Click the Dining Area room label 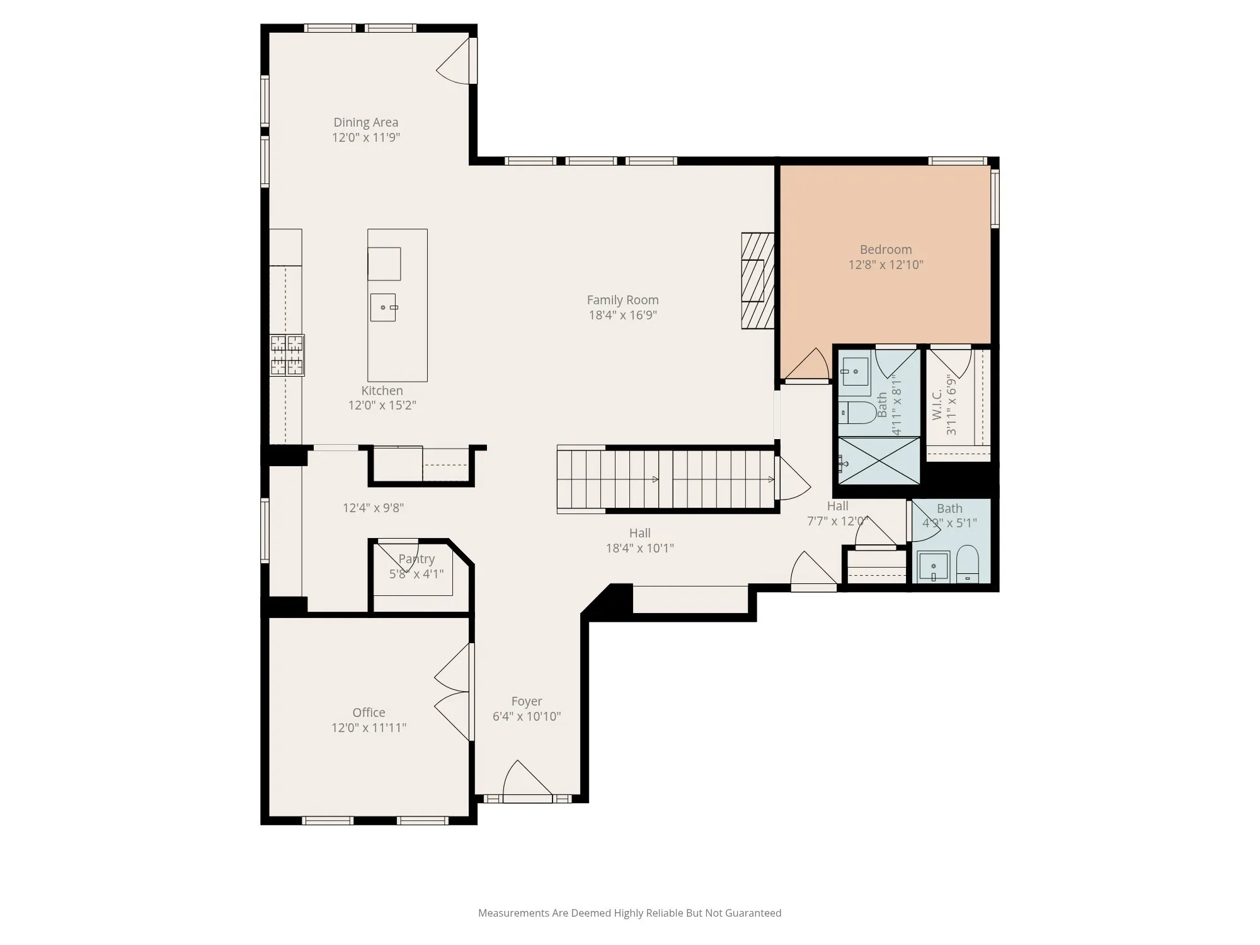point(365,122)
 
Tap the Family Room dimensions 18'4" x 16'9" point(622,315)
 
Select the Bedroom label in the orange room point(886,249)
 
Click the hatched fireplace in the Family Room point(758,281)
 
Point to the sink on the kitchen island point(383,307)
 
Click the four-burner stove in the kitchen point(287,355)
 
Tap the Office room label point(369,713)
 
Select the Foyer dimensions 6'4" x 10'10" point(527,716)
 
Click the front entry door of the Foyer point(527,782)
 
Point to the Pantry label point(416,559)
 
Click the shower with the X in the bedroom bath point(879,461)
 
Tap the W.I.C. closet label point(937,404)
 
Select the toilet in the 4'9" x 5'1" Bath point(968,564)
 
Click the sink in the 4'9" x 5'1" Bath point(934,567)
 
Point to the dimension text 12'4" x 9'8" point(373,508)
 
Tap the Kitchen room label point(382,391)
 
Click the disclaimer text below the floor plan point(629,913)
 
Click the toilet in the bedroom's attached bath point(858,413)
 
